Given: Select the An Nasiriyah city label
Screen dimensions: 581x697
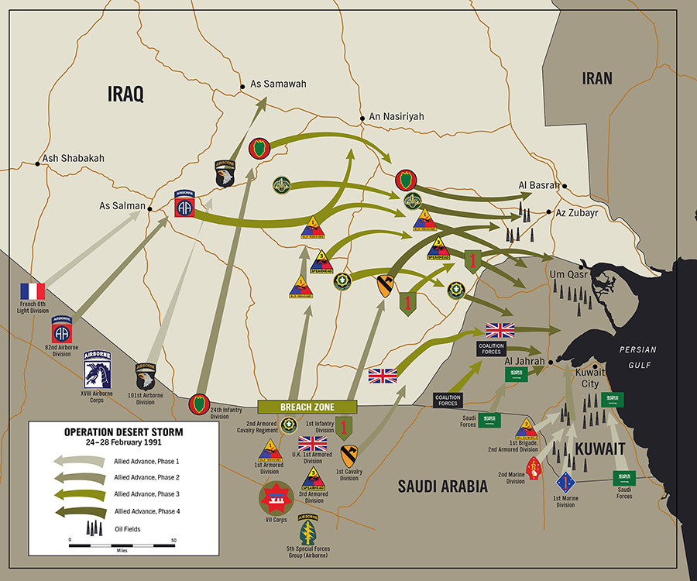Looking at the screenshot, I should pyautogui.click(x=397, y=117).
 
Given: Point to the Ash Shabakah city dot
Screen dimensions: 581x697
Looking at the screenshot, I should pyautogui.click(x=37, y=163).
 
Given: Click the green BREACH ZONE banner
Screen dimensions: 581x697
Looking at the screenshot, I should pyautogui.click(x=307, y=407).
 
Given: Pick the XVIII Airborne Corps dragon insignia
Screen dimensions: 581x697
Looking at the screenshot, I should pyautogui.click(x=98, y=370).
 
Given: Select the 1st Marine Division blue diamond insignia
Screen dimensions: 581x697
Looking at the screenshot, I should pyautogui.click(x=566, y=483).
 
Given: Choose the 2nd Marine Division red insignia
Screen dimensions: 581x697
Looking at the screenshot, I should pyautogui.click(x=535, y=468).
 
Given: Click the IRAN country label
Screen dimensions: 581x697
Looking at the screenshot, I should pyautogui.click(x=597, y=78).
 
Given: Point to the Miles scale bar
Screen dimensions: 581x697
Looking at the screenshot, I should pyautogui.click(x=122, y=546).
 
